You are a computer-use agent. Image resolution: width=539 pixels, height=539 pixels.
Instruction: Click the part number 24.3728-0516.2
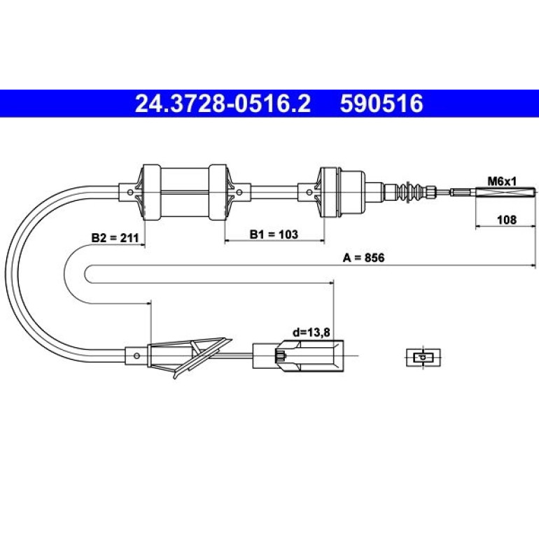point(223,104)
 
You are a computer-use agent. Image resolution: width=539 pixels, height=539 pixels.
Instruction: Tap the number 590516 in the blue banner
point(381,104)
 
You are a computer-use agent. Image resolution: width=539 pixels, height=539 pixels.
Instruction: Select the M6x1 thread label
point(502,181)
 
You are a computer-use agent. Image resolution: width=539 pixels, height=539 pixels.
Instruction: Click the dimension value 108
point(507,219)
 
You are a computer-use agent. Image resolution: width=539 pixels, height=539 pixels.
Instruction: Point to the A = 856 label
point(364,258)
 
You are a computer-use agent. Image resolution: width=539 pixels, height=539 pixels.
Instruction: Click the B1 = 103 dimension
point(274,234)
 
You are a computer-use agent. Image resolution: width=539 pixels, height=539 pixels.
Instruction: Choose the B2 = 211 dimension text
point(115,237)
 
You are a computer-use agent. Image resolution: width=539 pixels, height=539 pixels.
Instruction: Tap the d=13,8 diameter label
point(311,332)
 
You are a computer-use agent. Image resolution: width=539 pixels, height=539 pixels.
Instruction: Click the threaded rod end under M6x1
point(505,192)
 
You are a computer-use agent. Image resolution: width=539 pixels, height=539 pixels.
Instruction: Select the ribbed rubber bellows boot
point(411,192)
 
